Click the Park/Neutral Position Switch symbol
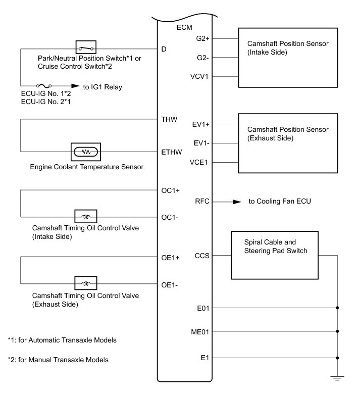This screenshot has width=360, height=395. tap(85, 48)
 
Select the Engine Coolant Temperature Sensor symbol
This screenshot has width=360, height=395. tap(86, 151)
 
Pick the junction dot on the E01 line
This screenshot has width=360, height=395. tap(337, 307)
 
